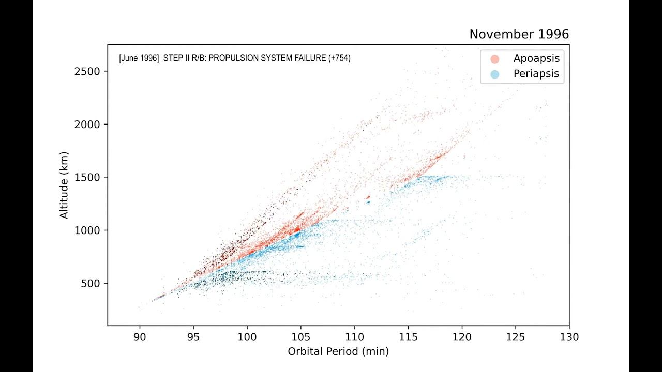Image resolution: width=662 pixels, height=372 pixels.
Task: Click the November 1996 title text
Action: pos(519,35)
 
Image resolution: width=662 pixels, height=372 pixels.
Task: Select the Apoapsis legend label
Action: pos(536,58)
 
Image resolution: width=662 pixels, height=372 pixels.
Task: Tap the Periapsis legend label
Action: pos(536,74)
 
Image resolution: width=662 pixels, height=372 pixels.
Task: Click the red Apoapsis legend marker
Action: pos(495,59)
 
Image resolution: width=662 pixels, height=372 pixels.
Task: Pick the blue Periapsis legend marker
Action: pos(495,74)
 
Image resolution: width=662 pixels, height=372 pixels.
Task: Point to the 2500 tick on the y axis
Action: pos(90,71)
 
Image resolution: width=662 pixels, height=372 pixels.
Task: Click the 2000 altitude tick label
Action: pos(90,124)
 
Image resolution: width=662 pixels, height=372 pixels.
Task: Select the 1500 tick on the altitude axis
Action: pos(90,177)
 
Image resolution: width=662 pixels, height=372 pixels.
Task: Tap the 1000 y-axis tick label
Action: pos(90,230)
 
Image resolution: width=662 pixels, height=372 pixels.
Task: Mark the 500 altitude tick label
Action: pos(93,283)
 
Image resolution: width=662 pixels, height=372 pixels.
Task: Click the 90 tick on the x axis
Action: pos(140,337)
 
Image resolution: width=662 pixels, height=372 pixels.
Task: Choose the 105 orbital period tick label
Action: pos(300,337)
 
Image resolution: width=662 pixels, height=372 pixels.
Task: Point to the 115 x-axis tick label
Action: pos(408,337)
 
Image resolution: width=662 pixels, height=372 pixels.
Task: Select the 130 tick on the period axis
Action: pos(569,337)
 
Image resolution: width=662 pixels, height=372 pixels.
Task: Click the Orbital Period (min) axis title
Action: pos(338,352)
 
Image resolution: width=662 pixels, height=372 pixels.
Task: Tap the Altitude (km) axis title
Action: pos(64,185)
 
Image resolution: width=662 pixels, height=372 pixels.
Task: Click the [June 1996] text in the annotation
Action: pos(139,58)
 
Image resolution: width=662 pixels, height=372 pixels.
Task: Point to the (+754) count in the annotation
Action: pos(339,58)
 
